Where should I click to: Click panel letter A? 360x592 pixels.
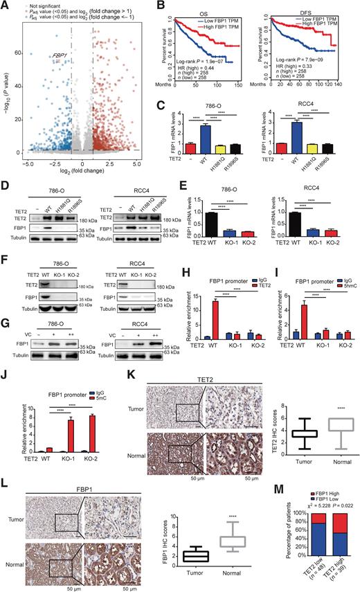click(x=6, y=6)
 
